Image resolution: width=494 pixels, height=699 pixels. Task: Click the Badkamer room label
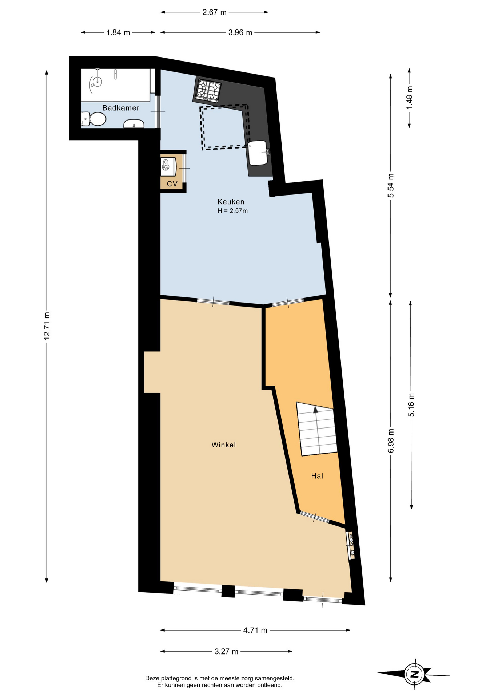[x=121, y=108]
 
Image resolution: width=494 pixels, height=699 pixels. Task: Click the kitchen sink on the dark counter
[x=259, y=153]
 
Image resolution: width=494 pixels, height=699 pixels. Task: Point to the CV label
[x=172, y=184]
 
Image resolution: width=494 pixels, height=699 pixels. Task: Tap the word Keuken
[x=231, y=202]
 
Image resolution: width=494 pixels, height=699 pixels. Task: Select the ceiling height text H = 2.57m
[x=232, y=211]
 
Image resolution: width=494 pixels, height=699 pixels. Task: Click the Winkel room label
[x=224, y=445]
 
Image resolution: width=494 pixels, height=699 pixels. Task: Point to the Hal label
[x=317, y=476]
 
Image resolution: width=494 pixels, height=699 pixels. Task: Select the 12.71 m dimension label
[x=47, y=326]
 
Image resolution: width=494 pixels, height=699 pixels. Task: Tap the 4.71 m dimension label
[x=255, y=630]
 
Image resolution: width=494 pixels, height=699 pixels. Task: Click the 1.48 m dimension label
[x=410, y=97]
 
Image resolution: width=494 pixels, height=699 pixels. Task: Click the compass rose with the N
[x=414, y=674]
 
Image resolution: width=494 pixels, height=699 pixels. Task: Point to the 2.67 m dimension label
[x=214, y=12]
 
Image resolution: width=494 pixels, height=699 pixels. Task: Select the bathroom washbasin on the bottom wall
[x=134, y=124]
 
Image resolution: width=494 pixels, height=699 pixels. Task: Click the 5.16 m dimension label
[x=411, y=405]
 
